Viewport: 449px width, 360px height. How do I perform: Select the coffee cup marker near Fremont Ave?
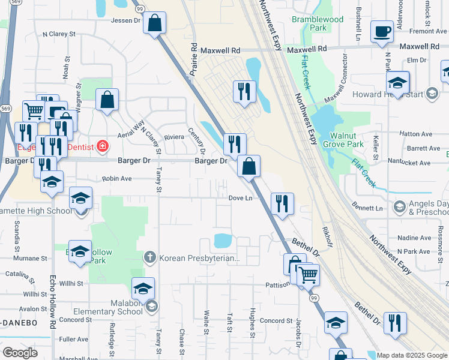click(382, 31)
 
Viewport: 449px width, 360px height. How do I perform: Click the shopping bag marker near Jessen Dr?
click(155, 23)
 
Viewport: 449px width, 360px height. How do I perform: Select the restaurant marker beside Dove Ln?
click(282, 203)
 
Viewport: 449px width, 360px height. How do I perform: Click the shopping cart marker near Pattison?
click(309, 275)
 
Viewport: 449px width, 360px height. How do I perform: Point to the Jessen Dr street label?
click(125, 20)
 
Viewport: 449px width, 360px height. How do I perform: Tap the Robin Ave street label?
click(116, 178)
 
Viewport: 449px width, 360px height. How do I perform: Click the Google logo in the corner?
click(20, 352)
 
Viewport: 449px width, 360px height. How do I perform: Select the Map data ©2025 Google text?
click(412, 355)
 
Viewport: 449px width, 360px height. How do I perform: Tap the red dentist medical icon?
click(103, 146)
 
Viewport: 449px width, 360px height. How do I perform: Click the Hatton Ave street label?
click(419, 134)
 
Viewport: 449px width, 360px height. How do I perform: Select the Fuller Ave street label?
click(74, 339)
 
